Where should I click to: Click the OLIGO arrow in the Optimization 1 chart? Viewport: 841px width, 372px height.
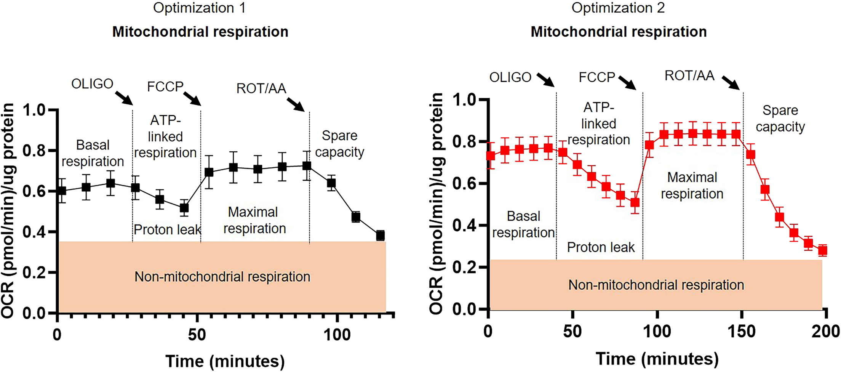(124, 97)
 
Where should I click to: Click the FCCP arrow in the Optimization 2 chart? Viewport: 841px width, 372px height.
(627, 82)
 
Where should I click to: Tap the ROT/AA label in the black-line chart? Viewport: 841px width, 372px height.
(261, 88)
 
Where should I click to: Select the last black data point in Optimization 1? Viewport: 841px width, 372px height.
(380, 235)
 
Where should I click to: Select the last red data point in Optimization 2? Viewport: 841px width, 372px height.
(823, 250)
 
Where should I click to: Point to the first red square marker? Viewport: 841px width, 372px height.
(491, 156)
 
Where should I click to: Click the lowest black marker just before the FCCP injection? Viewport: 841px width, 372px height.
(184, 208)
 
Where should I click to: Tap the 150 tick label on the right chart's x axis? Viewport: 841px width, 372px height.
(741, 332)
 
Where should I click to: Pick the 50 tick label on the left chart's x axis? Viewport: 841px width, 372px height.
(197, 335)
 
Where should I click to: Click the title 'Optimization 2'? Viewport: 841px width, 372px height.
(618, 8)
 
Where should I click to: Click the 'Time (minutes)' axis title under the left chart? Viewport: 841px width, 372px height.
(225, 361)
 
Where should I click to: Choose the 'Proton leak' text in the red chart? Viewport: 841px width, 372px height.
(601, 247)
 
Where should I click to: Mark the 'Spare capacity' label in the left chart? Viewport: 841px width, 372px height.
(339, 144)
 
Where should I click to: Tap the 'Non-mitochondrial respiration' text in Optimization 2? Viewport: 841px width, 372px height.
(656, 285)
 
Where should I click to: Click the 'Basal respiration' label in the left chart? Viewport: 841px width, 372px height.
(93, 153)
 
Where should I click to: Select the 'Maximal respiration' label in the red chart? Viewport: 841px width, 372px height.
(692, 186)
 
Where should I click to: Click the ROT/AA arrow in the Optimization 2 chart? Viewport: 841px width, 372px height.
(731, 82)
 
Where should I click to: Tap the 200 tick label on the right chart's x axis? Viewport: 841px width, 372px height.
(825, 332)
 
